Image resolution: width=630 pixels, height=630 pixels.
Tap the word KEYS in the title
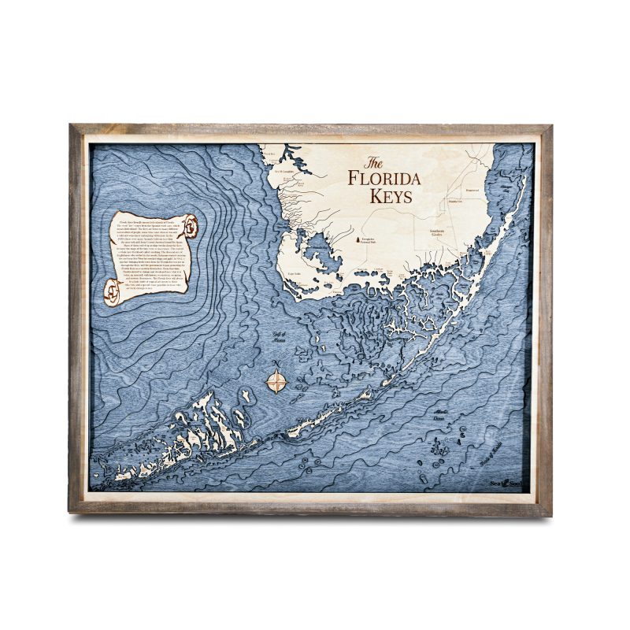pyautogui.click(x=391, y=197)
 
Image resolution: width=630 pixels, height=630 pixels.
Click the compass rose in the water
pyautogui.click(x=276, y=382)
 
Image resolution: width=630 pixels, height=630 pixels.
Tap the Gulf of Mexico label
pyautogui.click(x=277, y=339)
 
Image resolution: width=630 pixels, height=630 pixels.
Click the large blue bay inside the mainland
pyautogui.click(x=316, y=253)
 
